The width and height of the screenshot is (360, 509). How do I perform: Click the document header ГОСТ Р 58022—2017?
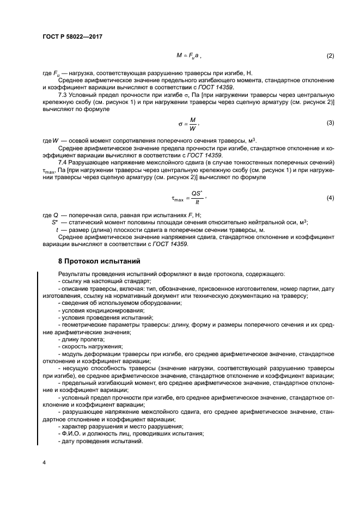pyautogui.click(x=72, y=36)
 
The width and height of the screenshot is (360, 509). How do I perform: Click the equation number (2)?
pyautogui.click(x=330, y=56)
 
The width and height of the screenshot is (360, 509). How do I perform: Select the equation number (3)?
pyautogui.click(x=330, y=122)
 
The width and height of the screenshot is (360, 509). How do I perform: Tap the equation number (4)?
pyautogui.click(x=330, y=198)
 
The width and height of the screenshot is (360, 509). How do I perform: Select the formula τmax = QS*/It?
pyautogui.click(x=186, y=198)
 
